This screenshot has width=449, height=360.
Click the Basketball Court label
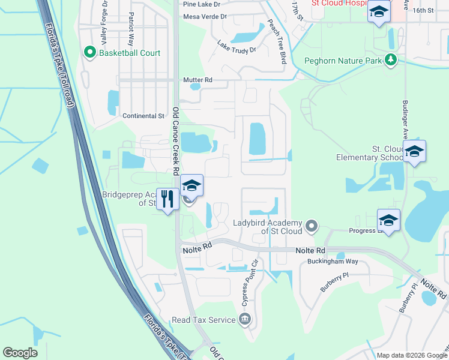(x=130, y=53)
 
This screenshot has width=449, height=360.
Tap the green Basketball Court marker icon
(x=90, y=53)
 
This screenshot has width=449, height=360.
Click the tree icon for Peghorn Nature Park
(x=391, y=59)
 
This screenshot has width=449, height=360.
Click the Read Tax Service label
(x=203, y=320)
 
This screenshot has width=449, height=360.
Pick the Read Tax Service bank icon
(x=245, y=319)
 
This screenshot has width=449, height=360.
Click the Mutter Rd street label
(x=197, y=79)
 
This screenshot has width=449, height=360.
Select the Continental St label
(x=143, y=116)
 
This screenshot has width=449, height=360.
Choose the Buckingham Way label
(x=333, y=261)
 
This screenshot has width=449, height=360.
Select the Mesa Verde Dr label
(x=205, y=17)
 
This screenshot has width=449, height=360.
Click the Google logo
(x=20, y=353)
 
